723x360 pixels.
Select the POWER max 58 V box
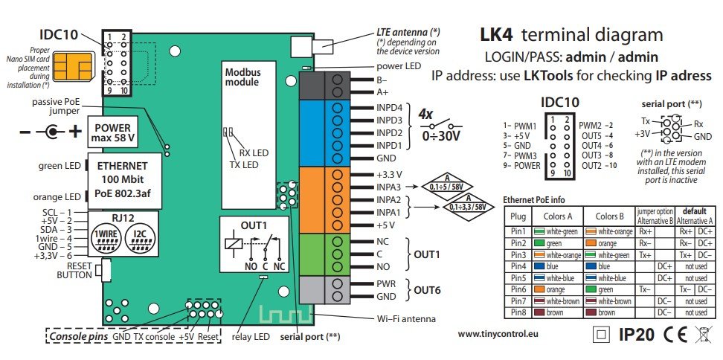coord(112,132)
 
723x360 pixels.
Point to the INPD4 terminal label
coord(390,108)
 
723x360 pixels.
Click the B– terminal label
coord(382,80)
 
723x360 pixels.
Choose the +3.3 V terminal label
coord(389,175)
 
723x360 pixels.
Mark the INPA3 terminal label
coord(390,187)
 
